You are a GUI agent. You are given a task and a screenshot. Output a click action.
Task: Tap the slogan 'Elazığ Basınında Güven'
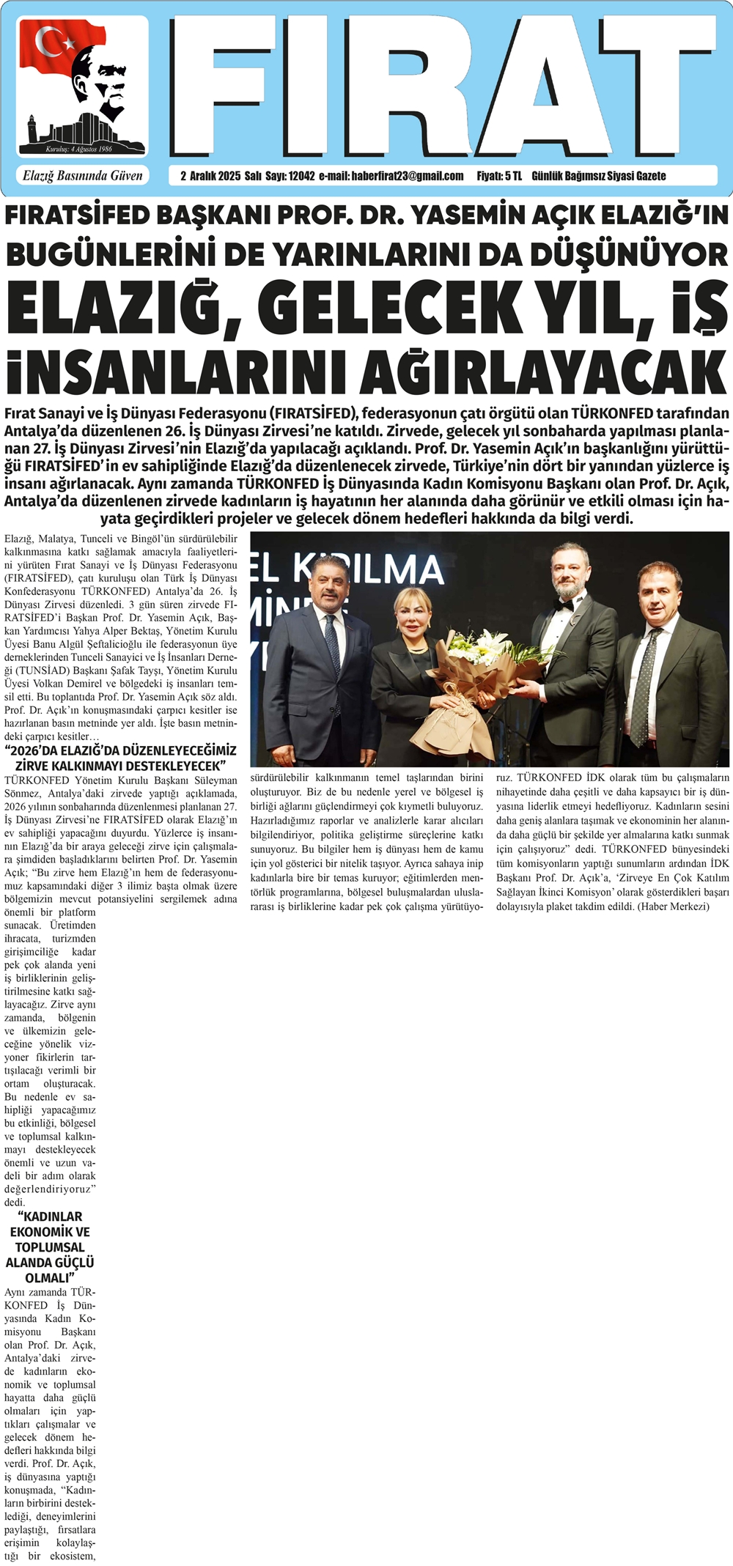pos(82,176)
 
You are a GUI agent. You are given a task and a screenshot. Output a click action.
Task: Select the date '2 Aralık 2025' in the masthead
pos(210,176)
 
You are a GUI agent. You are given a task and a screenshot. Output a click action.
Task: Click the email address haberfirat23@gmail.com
pos(407,176)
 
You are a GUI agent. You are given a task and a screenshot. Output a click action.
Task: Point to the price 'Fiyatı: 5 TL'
pos(498,176)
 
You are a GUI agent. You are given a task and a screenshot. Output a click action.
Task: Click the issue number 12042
pos(301,176)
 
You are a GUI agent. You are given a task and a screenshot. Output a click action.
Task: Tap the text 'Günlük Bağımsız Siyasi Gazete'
pos(598,176)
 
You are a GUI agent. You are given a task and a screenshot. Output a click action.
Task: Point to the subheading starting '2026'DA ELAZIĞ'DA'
pos(120,758)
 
